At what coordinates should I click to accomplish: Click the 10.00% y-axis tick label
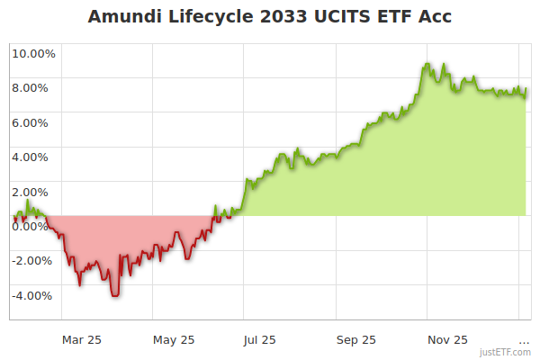pos(33,53)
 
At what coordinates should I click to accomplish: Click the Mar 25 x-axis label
pos(81,340)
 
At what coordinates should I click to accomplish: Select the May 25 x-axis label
pos(174,340)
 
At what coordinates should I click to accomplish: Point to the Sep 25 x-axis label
pos(356,340)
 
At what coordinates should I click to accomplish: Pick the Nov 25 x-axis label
pos(447,340)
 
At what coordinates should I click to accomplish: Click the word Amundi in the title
pos(122,17)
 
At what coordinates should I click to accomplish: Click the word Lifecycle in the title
pos(201,17)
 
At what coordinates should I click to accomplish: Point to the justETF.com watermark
pos(505,352)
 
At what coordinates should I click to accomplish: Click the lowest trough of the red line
pos(114,295)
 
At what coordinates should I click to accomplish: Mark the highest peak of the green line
pos(427,64)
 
